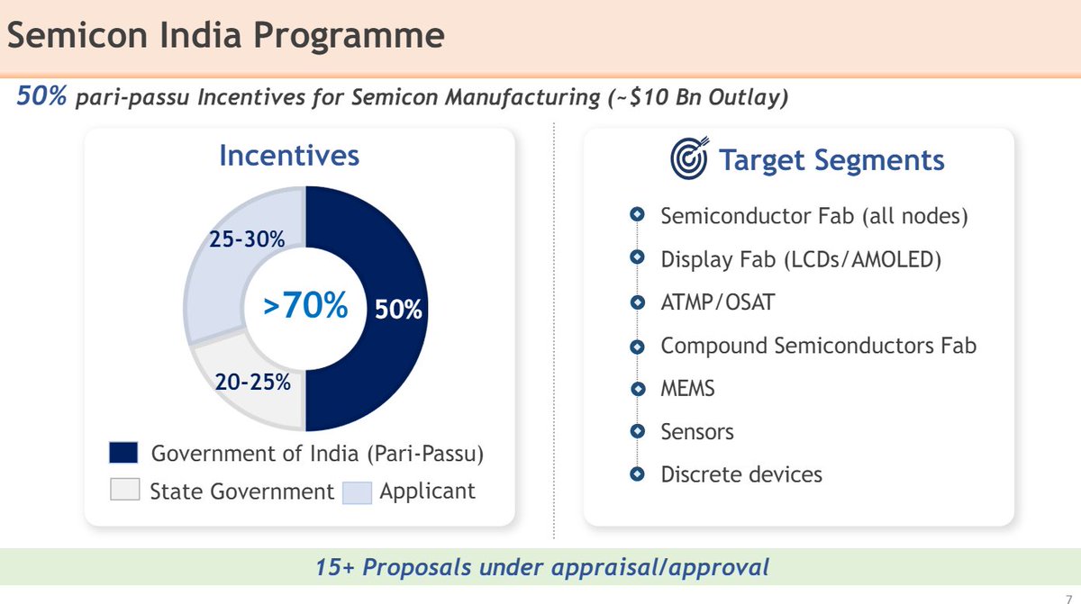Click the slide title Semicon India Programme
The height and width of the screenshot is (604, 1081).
click(x=225, y=36)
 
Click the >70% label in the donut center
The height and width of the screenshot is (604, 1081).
click(x=304, y=306)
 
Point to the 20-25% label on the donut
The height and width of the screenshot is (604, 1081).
click(x=252, y=382)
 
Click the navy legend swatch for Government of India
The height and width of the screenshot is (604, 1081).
click(x=123, y=453)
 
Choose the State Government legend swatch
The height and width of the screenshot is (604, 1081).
click(x=123, y=491)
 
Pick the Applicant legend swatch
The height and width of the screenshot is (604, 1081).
click(x=357, y=491)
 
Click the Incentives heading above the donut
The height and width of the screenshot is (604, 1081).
click(x=289, y=156)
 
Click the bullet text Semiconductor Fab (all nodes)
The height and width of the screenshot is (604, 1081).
click(x=814, y=217)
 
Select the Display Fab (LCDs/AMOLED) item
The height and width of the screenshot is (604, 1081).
click(x=801, y=259)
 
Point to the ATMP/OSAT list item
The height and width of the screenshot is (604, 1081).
click(x=717, y=302)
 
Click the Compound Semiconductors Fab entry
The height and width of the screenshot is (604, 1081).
click(x=818, y=346)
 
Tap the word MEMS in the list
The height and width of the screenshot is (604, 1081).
click(x=687, y=389)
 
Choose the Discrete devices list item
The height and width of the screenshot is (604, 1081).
click(x=740, y=474)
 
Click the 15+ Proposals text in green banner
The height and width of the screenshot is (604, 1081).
click(x=541, y=567)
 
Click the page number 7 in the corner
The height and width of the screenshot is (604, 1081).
click(x=1069, y=595)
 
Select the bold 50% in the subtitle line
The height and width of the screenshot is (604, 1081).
click(x=41, y=97)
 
